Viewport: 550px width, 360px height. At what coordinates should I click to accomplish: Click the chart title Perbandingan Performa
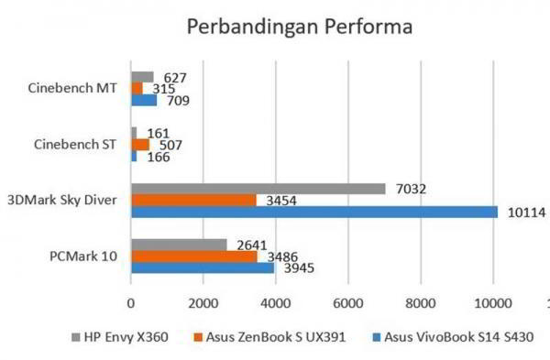click(300, 27)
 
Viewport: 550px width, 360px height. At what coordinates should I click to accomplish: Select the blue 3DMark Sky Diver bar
click(313, 212)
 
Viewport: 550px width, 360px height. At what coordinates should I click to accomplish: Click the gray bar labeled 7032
click(258, 189)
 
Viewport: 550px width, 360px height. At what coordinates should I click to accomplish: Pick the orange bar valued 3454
click(193, 200)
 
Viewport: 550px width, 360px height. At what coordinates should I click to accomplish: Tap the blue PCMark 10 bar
click(203, 268)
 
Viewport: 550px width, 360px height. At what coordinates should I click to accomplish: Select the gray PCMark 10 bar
click(179, 245)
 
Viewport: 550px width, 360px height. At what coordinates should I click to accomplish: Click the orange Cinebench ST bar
click(140, 145)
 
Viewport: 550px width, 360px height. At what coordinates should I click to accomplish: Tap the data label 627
click(174, 77)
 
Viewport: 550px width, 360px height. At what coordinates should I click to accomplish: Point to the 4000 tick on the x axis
click(275, 301)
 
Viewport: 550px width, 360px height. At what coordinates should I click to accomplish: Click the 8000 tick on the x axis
click(420, 301)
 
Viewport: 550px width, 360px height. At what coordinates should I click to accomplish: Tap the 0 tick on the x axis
click(131, 301)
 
